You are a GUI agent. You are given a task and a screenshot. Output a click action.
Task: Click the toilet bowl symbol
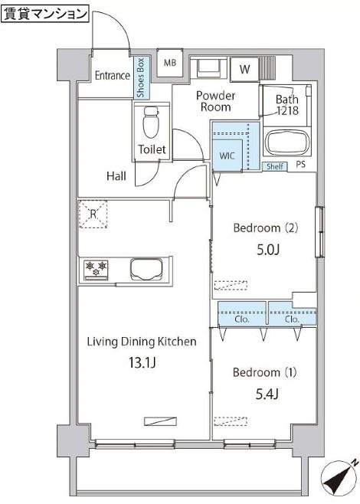coord(151,123)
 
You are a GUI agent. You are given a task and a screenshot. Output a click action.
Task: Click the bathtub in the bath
coord(287,143)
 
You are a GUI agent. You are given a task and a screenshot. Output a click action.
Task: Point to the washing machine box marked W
coord(244,69)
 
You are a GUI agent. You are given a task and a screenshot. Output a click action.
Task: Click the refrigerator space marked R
coord(93,214)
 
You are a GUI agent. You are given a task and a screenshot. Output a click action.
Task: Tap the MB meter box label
coord(170,62)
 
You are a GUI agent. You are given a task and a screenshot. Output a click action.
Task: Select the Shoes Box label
coord(141,78)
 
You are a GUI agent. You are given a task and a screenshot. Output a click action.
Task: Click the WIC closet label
coord(227,156)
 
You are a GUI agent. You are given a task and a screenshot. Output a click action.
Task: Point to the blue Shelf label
coord(275,166)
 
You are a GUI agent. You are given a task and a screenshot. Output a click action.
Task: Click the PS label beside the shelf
coord(300,165)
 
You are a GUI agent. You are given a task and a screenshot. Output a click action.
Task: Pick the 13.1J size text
coord(142,363)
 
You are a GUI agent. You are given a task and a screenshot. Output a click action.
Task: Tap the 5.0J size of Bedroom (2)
coord(268,250)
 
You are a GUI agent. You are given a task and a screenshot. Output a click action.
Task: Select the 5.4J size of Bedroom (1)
coord(267,394)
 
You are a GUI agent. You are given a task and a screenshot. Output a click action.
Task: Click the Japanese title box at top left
coord(45,15)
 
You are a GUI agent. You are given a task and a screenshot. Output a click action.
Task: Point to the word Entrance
coord(113,76)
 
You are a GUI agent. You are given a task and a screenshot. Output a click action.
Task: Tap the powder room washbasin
coord(209,68)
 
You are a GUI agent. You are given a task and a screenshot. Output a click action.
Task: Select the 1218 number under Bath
coord(288,111)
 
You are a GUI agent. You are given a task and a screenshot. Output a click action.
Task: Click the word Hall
coord(116,176)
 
